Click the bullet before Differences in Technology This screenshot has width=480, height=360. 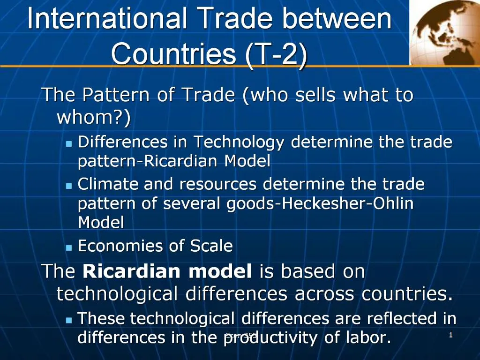(69, 143)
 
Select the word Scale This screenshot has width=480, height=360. (211, 246)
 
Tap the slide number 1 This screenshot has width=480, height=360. (450, 335)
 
